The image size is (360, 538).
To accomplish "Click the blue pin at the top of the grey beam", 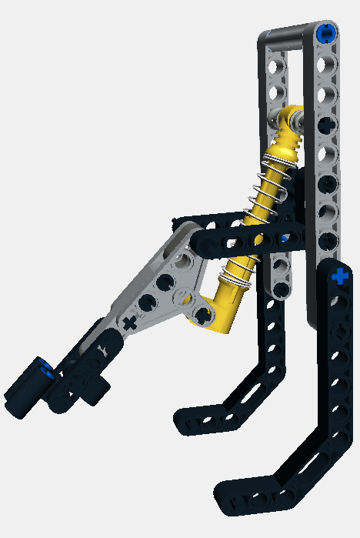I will tap(326, 34).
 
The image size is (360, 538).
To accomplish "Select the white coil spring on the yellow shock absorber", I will tap(265, 216).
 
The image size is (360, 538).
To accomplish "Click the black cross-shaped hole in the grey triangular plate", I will tap(129, 322).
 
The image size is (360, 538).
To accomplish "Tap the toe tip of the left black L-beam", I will tap(185, 419).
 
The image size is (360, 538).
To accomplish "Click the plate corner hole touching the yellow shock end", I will tap(202, 314).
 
